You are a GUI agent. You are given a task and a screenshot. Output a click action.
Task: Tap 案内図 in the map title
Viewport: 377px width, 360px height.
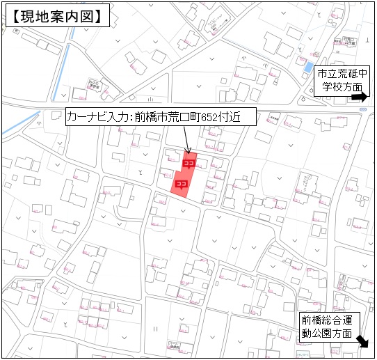click(x=73, y=17)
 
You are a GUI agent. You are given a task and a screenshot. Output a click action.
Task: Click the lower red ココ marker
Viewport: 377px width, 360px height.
click(x=181, y=184)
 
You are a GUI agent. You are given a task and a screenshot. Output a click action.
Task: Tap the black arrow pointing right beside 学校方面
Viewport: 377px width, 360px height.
click(x=360, y=98)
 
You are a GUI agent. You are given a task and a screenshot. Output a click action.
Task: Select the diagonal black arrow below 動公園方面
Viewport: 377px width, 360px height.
click(x=362, y=342)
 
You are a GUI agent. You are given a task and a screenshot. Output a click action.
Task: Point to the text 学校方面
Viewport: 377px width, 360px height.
click(x=342, y=88)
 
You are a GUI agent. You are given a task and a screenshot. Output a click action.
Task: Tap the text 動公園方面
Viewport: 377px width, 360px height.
click(x=327, y=334)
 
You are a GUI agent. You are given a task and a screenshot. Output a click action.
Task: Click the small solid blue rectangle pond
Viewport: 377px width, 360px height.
click(x=307, y=68)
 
